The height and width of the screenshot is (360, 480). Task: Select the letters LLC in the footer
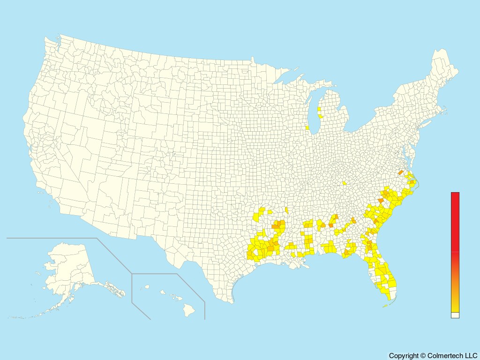470,356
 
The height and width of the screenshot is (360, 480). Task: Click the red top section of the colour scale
455,220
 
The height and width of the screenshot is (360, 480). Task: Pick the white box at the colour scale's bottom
455,315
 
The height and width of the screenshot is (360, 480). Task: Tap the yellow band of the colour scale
455,307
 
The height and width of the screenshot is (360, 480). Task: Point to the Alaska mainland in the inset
70,267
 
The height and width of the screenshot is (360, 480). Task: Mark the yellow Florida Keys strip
385,306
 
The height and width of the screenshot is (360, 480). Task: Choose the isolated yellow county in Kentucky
345,183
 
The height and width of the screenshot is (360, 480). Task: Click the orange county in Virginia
400,172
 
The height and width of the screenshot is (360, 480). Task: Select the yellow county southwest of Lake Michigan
307,127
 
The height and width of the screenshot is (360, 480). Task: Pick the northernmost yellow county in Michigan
319,110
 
